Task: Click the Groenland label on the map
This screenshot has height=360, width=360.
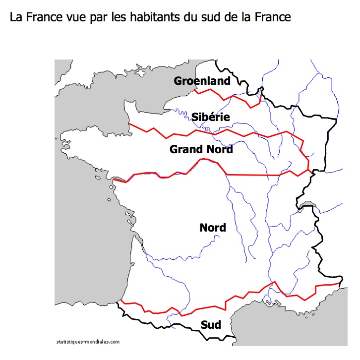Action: (x=202, y=81)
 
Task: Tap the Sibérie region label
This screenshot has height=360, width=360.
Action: (x=210, y=117)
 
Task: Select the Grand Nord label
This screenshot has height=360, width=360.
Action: (x=201, y=149)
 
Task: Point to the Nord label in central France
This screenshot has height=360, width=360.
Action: (x=212, y=228)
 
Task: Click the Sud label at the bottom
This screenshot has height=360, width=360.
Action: (x=211, y=325)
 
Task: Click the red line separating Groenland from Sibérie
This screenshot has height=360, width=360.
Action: (x=228, y=97)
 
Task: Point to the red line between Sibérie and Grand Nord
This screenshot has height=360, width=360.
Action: (x=213, y=133)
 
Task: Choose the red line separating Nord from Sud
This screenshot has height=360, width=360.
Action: (x=223, y=301)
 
